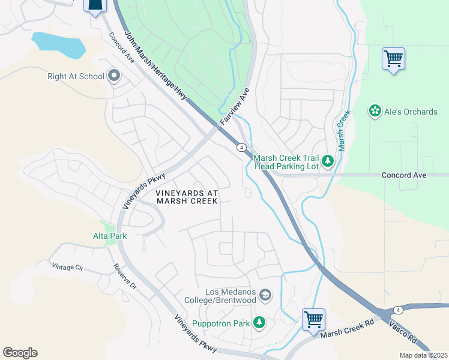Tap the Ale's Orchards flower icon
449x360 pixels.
tap(375, 112)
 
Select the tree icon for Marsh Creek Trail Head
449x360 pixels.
tap(327, 161)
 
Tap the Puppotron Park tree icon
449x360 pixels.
tap(259, 323)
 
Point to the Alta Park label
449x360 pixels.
tap(109, 236)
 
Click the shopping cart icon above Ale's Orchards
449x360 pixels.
tap(393, 59)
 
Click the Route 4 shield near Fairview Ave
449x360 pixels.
tap(240, 148)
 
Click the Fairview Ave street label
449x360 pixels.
tap(234, 106)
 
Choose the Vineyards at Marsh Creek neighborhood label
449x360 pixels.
tap(185, 197)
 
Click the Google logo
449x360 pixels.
tap(20, 353)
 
